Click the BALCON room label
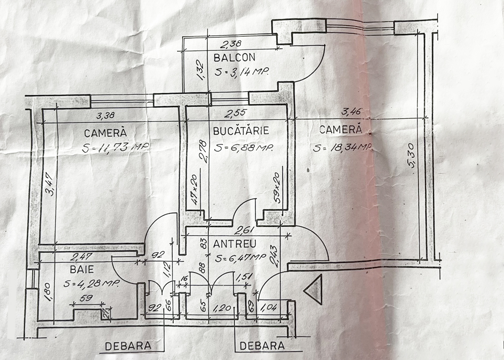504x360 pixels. pos(234,58)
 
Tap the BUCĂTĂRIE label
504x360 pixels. pos(241,130)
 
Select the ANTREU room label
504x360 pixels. pos(235,244)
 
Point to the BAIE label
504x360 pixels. pos(82,269)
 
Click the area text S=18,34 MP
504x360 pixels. pos(342,148)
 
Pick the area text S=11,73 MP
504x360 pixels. pos(115,148)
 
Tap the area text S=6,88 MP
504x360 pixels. pos(243,148)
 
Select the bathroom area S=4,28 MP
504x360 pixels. pos(91,283)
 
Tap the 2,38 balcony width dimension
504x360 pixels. pos(230,44)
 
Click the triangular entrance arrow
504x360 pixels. pos(313,288)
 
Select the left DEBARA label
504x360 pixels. pos(128,346)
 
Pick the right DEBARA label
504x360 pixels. pos(262,346)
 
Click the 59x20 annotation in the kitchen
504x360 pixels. pos(277,187)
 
